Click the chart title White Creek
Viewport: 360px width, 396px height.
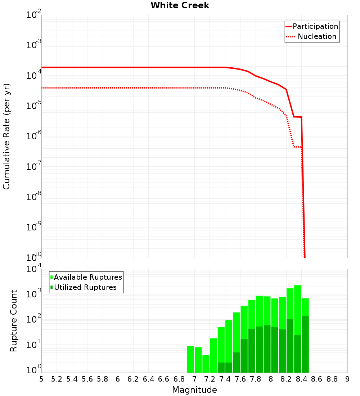click(x=180, y=5)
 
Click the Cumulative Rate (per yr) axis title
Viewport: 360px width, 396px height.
click(x=6, y=136)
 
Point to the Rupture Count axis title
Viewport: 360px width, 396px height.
click(x=14, y=321)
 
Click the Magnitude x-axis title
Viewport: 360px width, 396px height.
click(x=194, y=390)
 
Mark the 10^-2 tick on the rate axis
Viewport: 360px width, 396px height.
click(x=34, y=15)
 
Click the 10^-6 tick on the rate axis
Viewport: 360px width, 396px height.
click(x=34, y=136)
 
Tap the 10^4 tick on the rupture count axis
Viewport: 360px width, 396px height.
click(x=34, y=269)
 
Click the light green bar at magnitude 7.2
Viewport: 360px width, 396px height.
click(x=206, y=364)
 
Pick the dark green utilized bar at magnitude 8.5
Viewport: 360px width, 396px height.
click(x=305, y=344)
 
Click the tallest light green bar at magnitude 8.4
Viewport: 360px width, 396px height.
click(x=298, y=310)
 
